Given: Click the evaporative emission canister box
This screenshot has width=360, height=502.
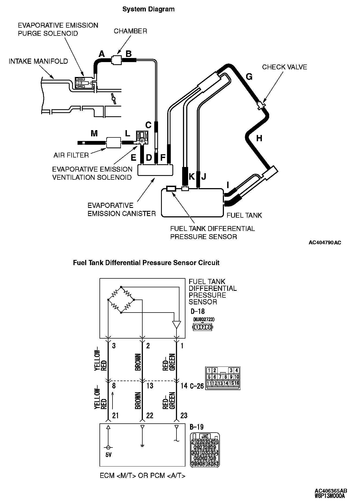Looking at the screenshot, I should click(155, 170).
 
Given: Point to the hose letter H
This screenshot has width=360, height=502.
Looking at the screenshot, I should click(259, 138).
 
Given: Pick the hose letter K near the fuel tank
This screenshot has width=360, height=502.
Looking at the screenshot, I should click(192, 177).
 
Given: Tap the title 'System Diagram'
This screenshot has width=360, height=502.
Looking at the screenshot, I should click(148, 9).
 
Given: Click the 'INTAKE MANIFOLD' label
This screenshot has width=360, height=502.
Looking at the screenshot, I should click(38, 61).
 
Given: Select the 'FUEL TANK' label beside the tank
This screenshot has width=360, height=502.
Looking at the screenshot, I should click(244, 215).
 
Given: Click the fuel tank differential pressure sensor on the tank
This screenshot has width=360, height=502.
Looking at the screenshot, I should click(171, 189).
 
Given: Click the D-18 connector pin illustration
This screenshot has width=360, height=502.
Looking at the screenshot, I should click(202, 327).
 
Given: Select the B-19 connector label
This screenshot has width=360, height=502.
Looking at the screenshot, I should click(197, 427).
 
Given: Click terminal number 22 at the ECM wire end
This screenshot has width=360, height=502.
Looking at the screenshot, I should click(150, 415).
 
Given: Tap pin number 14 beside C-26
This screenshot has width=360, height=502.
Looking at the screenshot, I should click(184, 385).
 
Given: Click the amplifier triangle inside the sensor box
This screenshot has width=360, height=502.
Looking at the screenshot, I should click(176, 324).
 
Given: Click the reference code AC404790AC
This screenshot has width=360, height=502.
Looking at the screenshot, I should click(325, 243).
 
